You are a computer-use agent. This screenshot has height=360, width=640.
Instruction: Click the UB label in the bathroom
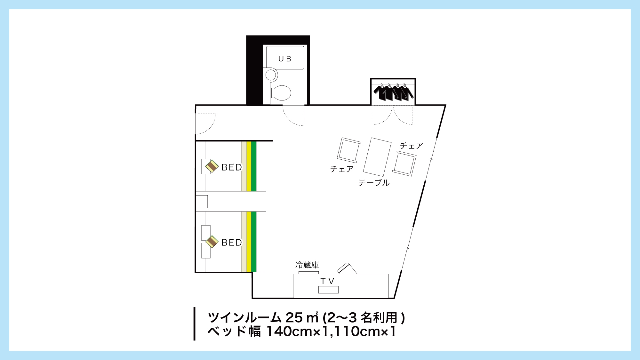[x=284, y=59]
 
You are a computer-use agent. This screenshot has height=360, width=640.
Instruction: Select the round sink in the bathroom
[x=271, y=75]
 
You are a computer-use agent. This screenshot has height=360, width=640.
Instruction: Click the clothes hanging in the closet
[x=393, y=92]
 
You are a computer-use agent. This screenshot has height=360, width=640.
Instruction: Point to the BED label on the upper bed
[x=232, y=167]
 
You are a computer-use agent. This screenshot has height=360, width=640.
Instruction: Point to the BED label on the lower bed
[x=232, y=243]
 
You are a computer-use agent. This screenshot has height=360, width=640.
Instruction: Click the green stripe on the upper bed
[x=254, y=166]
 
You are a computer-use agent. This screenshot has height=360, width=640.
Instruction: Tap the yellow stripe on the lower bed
[x=249, y=242]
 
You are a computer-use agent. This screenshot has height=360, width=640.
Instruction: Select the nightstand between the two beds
[x=202, y=202]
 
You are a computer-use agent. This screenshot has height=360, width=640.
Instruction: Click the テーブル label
[x=374, y=183]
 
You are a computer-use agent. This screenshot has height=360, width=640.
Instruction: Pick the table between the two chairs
[x=377, y=157]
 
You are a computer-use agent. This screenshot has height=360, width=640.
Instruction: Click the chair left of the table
[x=349, y=150]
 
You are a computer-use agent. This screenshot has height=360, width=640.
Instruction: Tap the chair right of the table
[x=404, y=164]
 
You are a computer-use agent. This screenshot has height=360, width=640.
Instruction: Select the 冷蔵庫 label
[x=307, y=265]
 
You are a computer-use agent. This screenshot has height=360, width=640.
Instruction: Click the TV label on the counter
[x=327, y=281]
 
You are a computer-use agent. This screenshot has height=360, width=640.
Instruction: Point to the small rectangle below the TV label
[x=328, y=290]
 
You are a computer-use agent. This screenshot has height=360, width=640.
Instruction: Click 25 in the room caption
[x=294, y=317]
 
